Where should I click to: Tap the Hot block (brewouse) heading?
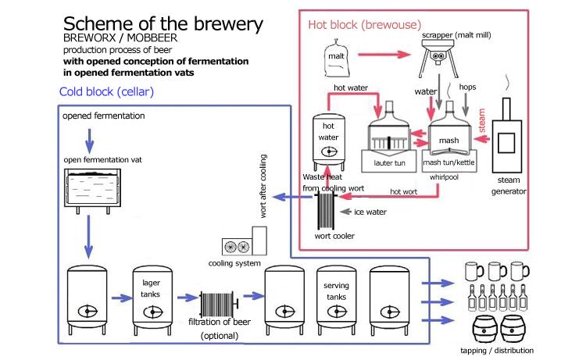click(359, 23)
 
